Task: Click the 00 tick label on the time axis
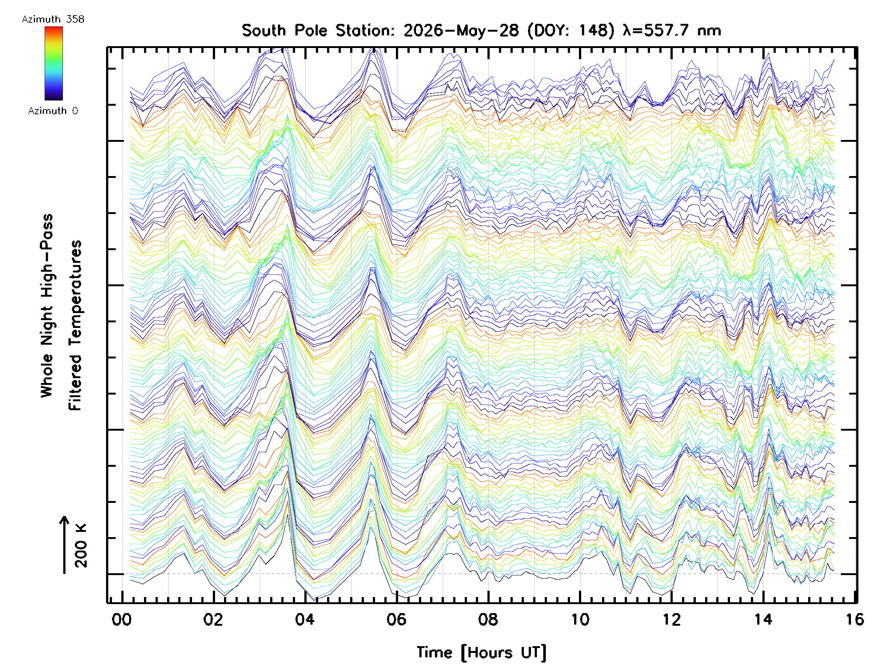point(122,620)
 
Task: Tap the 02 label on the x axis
point(213,620)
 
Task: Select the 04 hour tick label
point(305,620)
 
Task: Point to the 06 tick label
point(396,620)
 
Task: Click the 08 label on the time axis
point(488,620)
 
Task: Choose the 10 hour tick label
point(580,620)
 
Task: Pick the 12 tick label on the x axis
point(672,620)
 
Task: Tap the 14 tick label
point(764,620)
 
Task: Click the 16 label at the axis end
point(855,620)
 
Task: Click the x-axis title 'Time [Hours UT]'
point(481,653)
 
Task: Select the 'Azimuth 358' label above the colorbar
point(53,19)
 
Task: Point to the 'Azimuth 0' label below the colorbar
point(53,111)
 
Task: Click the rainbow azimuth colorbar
point(54,63)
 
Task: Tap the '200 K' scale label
point(81,546)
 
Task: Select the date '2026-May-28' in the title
point(461,31)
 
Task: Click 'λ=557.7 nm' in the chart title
point(672,31)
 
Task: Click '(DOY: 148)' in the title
point(571,31)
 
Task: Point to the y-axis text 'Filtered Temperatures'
point(75,326)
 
